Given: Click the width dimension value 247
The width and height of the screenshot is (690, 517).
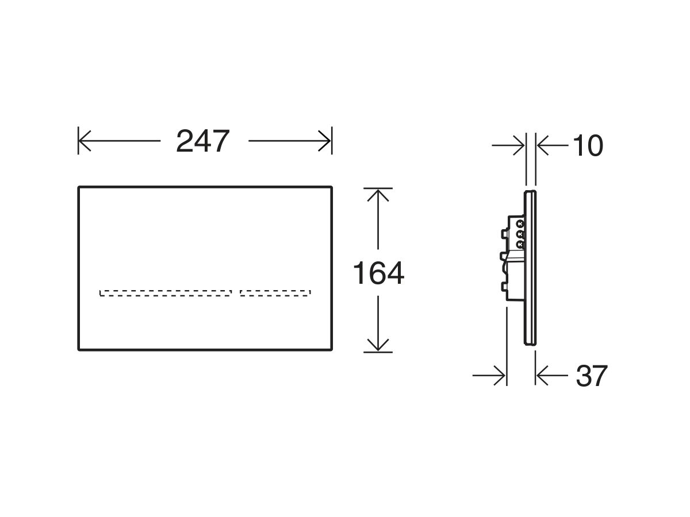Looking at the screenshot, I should pyautogui.click(x=203, y=141).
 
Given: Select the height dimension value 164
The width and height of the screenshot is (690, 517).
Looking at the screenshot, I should pyautogui.click(x=378, y=273).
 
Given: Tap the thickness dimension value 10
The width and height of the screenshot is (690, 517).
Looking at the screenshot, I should pyautogui.click(x=588, y=146).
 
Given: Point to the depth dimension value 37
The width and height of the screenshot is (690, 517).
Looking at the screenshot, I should pyautogui.click(x=591, y=376).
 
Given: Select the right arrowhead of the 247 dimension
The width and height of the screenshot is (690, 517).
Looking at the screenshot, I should pyautogui.click(x=325, y=141).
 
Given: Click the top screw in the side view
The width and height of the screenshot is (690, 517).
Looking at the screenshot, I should pyautogui.click(x=520, y=223).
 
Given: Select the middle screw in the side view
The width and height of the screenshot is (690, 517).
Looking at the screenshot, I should pyautogui.click(x=520, y=234).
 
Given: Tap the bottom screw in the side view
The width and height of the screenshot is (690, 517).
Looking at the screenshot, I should pyautogui.click(x=520, y=244).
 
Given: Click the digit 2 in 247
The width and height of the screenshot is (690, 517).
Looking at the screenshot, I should pyautogui.click(x=185, y=141).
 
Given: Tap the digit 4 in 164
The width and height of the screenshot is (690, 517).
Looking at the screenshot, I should pyautogui.click(x=394, y=273).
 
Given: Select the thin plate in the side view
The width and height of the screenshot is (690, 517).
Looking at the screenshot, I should pyautogui.click(x=531, y=267).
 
